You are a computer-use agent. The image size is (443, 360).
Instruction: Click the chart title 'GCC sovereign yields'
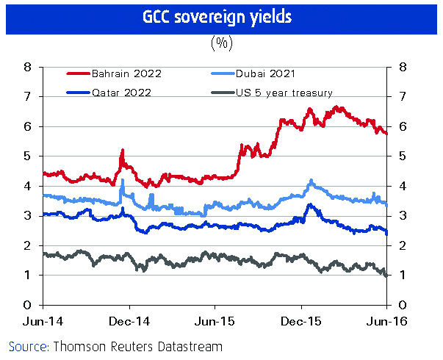click(221, 17)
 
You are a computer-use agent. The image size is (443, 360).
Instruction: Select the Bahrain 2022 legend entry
click(125, 73)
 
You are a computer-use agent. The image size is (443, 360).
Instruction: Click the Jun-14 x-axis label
click(43, 321)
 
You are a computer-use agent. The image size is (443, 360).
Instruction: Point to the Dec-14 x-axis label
click(129, 321)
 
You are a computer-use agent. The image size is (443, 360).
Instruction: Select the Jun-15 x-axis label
click(215, 321)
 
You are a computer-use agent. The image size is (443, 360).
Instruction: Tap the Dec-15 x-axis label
click(300, 321)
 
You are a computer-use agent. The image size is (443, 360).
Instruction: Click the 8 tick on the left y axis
click(27, 67)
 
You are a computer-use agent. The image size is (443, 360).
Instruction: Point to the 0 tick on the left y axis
click(27, 305)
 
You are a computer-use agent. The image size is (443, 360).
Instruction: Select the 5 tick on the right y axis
click(402, 156)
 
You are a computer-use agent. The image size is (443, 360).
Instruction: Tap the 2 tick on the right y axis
click(402, 245)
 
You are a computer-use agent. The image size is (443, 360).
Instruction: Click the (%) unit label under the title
click(221, 43)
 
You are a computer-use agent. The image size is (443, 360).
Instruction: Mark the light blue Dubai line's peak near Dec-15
click(311, 180)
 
